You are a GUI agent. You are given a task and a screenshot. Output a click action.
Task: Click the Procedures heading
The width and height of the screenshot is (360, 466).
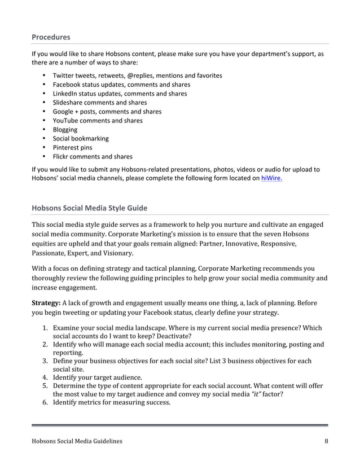click(51, 37)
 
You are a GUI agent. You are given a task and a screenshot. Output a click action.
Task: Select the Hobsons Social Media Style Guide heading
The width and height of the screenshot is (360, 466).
click(89, 208)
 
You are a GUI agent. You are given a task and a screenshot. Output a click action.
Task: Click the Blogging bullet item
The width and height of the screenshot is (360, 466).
click(65, 129)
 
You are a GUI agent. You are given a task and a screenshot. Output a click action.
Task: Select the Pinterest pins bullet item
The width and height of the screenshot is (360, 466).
click(72, 147)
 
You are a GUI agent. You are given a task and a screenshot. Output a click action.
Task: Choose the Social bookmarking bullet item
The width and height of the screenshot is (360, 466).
click(81, 138)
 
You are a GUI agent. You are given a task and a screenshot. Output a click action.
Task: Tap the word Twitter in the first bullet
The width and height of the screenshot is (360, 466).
click(63, 75)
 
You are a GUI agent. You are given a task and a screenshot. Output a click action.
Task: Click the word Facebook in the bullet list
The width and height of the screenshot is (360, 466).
click(67, 84)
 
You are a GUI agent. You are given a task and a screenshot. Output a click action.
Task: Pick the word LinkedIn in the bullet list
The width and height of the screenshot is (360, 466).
click(66, 93)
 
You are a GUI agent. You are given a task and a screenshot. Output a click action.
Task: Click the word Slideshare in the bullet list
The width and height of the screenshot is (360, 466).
click(68, 102)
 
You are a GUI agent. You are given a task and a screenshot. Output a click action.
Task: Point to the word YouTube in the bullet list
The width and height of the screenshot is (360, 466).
click(66, 120)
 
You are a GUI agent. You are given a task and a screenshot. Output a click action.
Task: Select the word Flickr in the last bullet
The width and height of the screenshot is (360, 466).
click(61, 156)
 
